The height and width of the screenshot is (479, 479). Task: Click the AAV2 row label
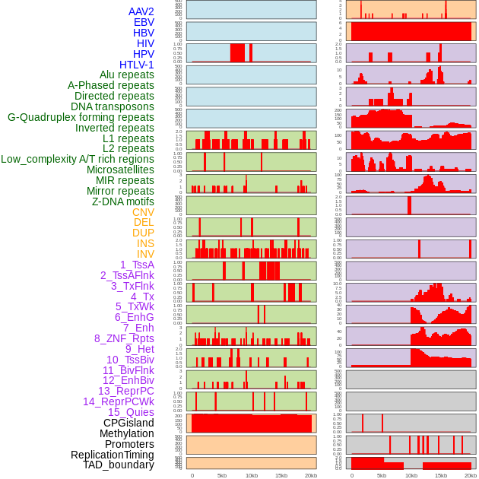tap(141, 12)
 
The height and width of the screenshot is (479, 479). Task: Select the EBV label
tap(144, 23)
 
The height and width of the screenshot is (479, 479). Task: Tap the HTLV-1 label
tap(137, 65)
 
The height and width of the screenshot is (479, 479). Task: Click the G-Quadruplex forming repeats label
tap(81, 117)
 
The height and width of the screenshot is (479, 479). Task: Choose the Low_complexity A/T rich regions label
tap(78, 159)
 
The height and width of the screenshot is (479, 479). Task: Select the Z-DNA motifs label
tap(123, 201)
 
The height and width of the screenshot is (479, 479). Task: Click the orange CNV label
tap(143, 212)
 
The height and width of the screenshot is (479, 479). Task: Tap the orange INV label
tap(145, 254)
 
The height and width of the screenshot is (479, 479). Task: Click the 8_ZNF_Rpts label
tap(124, 338)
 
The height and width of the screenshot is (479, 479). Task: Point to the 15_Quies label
tap(131, 412)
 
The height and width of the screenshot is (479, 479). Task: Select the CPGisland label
tap(128, 423)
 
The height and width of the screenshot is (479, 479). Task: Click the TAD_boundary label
tap(119, 465)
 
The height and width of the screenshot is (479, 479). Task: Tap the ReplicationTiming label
tap(113, 455)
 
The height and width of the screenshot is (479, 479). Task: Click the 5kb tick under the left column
tap(222, 475)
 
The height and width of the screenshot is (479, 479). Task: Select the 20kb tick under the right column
tap(471, 475)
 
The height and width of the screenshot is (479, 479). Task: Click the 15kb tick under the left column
tap(281, 475)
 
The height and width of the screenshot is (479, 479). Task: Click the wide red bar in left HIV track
tap(237, 53)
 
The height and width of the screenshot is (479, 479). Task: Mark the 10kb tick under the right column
tap(411, 475)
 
